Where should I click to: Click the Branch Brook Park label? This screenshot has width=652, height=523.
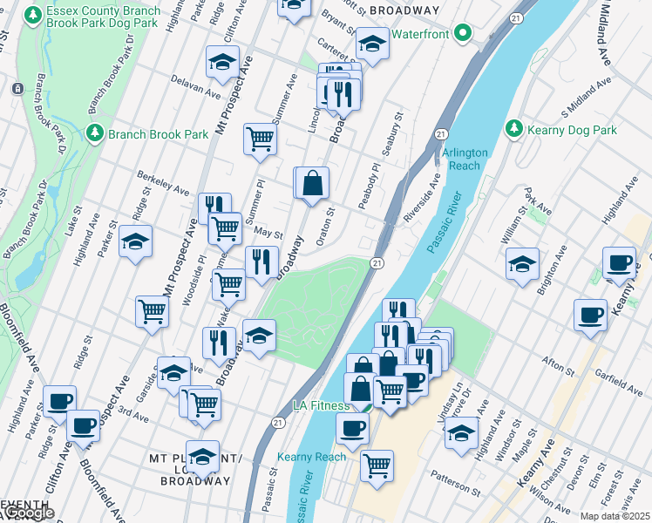click(x=158, y=134)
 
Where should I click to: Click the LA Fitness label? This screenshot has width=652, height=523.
click(x=323, y=405)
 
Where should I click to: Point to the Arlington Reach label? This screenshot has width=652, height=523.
click(x=465, y=159)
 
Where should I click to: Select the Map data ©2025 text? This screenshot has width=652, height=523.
click(x=615, y=516)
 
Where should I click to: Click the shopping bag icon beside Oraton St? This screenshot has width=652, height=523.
click(x=312, y=184)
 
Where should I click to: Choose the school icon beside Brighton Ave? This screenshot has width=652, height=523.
click(x=522, y=264)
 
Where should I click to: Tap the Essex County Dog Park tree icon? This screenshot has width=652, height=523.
click(x=33, y=16)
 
